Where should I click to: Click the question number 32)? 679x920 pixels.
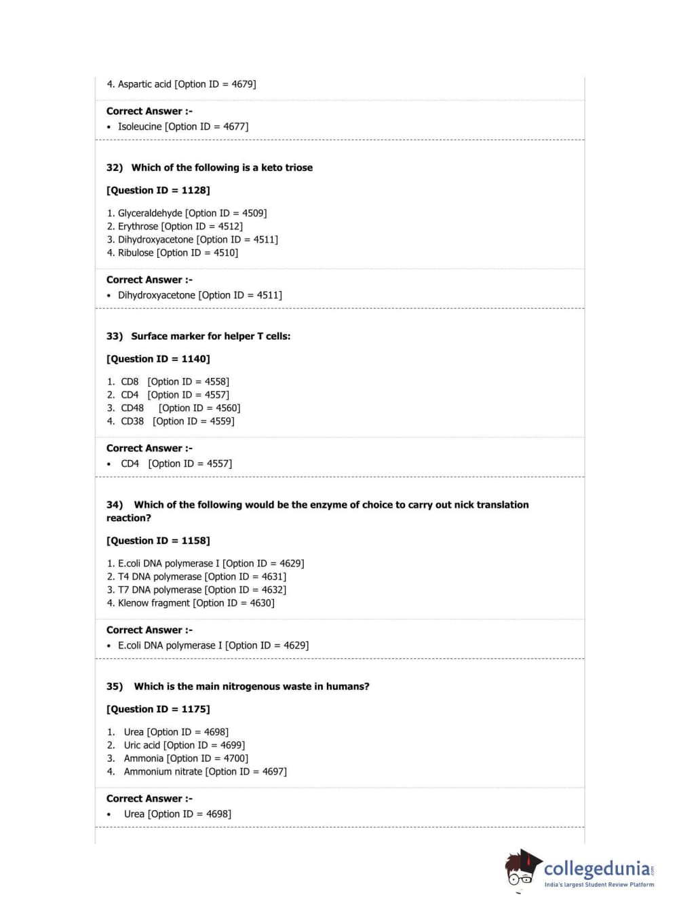(x=115, y=168)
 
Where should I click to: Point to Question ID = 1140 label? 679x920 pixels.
(x=158, y=359)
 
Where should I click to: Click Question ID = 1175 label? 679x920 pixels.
(x=158, y=709)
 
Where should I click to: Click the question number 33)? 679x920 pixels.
(x=115, y=337)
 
